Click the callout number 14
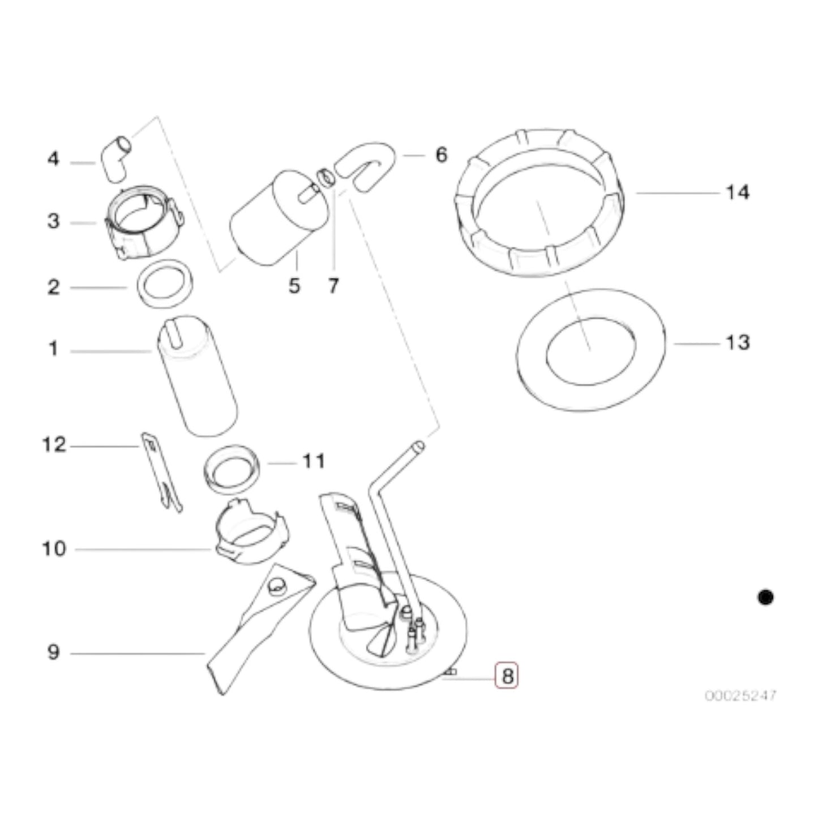pos(737,192)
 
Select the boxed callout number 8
pos(507,675)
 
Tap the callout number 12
pos(54,445)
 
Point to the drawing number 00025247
pos(740,695)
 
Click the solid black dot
pos(765,597)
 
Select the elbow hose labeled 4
pos(115,158)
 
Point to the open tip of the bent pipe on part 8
pos(418,446)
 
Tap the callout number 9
pos(53,652)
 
